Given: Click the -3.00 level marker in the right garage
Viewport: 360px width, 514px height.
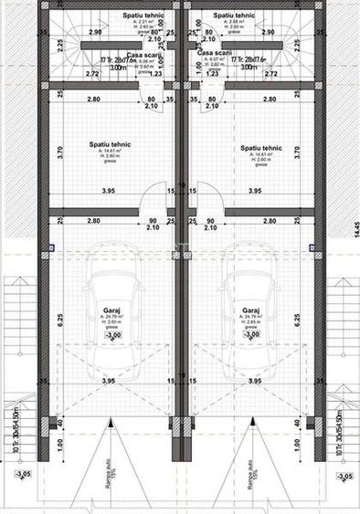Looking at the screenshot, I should [x=249, y=335].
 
